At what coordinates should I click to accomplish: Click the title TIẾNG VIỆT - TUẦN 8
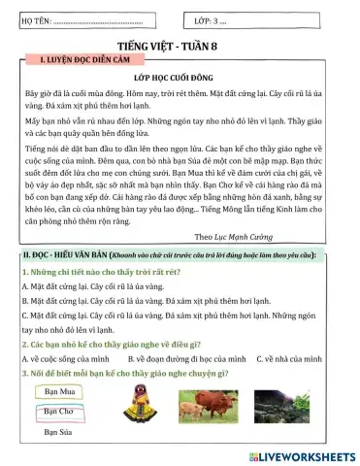[x=180, y=45]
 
